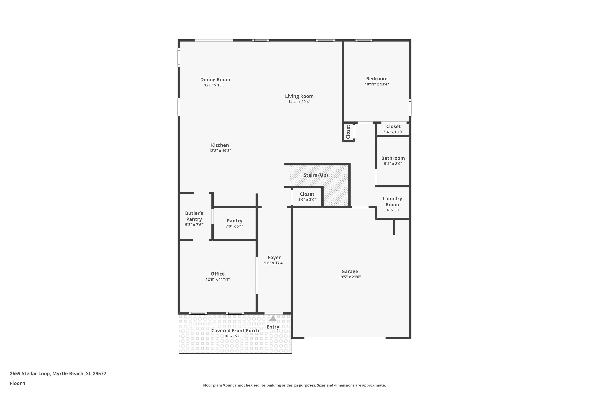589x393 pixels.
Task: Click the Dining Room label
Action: [x=215, y=80]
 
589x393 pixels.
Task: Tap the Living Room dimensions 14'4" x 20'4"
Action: [x=299, y=102]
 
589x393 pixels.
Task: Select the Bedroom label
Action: [x=377, y=79]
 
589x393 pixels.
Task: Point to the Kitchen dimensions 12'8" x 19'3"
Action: [x=220, y=151]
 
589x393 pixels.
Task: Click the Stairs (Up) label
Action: [x=316, y=175]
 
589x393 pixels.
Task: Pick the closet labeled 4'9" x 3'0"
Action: [x=307, y=197]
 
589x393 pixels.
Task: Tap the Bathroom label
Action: [x=393, y=158]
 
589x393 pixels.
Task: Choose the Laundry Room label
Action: [x=392, y=202]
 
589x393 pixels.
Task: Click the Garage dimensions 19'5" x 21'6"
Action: [x=350, y=277]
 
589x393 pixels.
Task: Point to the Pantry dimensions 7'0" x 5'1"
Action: [x=234, y=226]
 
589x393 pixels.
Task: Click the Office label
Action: [x=218, y=274]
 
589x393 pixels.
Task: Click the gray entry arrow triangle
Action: [x=273, y=319]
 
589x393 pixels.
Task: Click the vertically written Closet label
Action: [x=348, y=132]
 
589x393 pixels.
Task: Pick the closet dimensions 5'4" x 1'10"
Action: [x=393, y=132]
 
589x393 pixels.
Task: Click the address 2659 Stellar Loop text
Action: [x=30, y=374]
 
